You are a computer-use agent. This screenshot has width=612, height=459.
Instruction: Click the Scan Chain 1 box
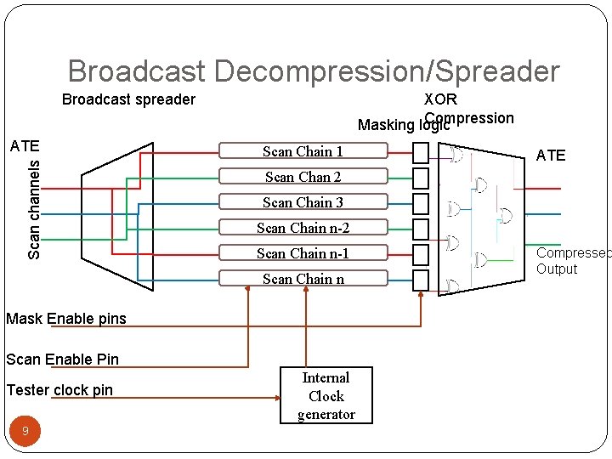click(303, 152)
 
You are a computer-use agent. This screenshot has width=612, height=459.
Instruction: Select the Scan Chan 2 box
click(303, 177)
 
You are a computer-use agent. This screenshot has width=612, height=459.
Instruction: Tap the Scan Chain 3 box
click(303, 202)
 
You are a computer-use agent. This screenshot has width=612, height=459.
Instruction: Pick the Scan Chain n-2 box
click(303, 228)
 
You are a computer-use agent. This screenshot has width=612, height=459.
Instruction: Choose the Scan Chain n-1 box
click(303, 253)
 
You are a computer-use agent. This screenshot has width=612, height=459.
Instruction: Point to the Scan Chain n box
click(303, 279)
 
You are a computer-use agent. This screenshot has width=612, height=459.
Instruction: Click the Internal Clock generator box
click(326, 396)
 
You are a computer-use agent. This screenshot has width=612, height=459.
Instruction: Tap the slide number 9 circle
click(25, 432)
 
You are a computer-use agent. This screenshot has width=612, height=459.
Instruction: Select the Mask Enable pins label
click(66, 319)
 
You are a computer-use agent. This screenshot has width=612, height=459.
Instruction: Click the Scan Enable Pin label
click(63, 359)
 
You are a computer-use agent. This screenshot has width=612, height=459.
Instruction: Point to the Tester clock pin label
click(59, 390)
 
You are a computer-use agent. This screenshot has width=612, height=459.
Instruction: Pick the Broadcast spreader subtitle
click(128, 99)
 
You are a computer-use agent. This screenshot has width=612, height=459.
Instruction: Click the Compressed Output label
click(572, 261)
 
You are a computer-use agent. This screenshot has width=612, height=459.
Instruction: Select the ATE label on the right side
click(551, 156)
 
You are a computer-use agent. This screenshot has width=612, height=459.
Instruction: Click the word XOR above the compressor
click(440, 99)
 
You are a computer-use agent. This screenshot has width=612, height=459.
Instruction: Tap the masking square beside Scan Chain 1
click(420, 153)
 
